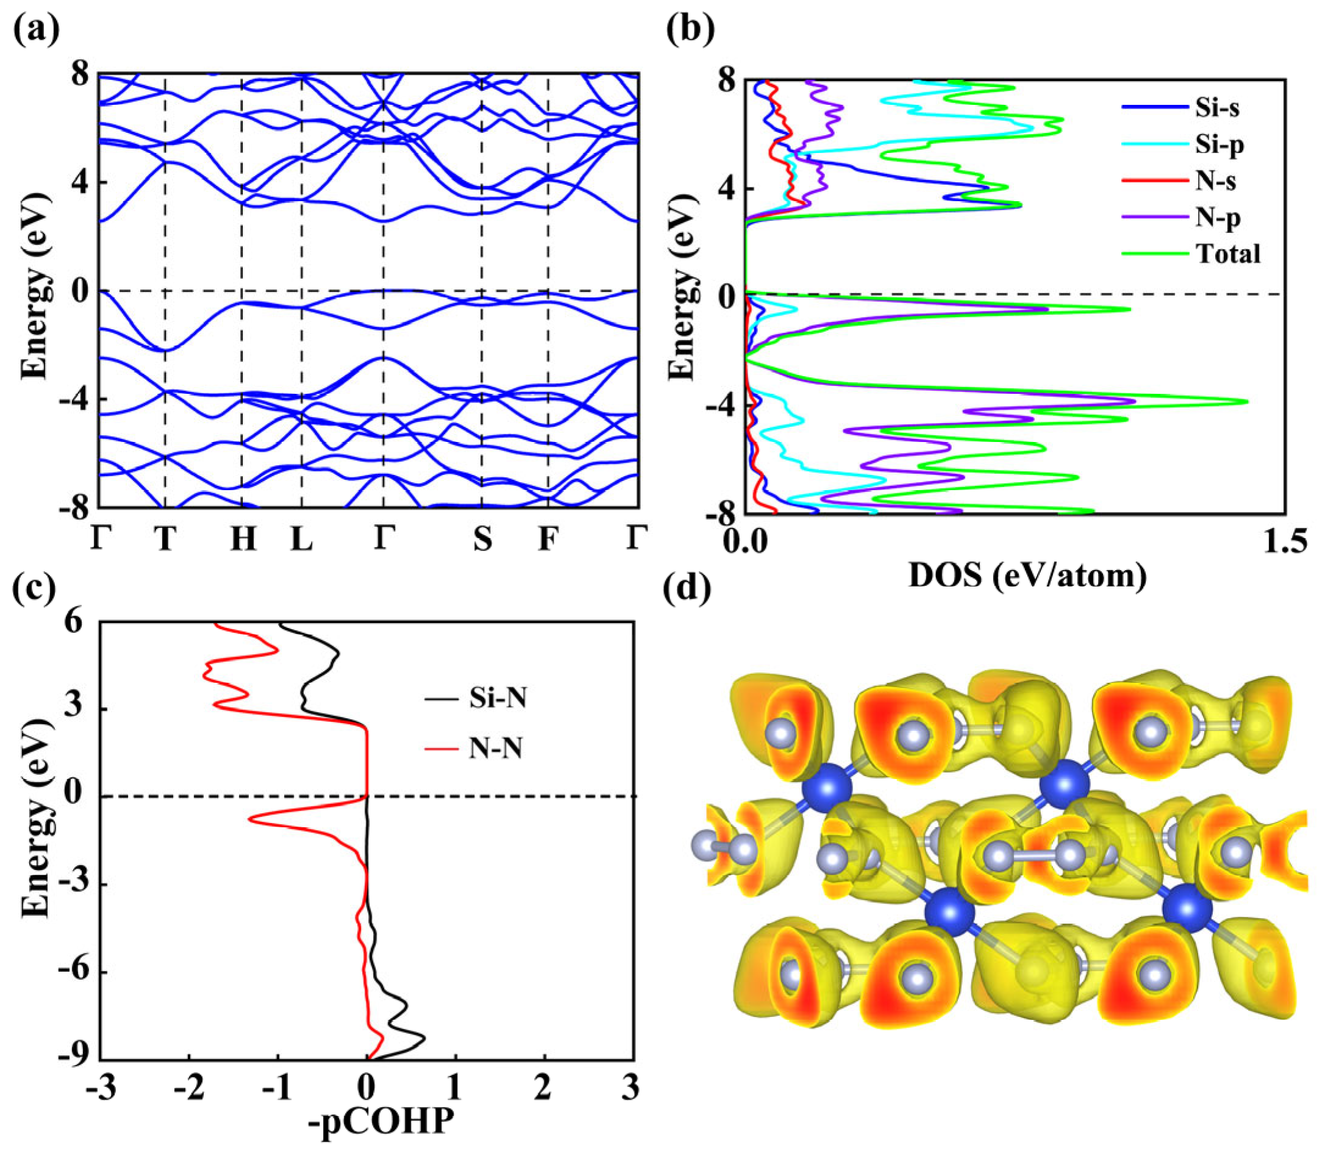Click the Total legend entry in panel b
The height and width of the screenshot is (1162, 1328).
1228,254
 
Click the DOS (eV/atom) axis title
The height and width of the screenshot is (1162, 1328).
1027,575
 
